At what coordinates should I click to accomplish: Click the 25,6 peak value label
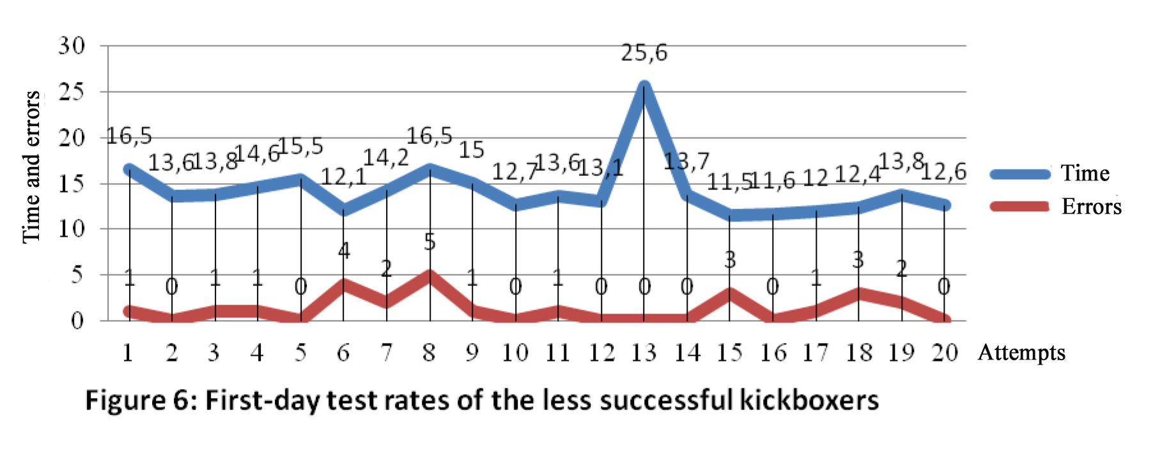(x=644, y=53)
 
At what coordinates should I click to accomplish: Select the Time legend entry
(x=1085, y=173)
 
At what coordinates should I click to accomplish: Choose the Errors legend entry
(x=1091, y=207)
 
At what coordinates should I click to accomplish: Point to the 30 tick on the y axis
(x=71, y=46)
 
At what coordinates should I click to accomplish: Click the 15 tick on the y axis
(x=71, y=184)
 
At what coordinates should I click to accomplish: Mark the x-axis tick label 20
(x=945, y=353)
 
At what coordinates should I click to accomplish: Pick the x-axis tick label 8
(x=429, y=353)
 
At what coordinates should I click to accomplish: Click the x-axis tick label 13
(x=644, y=353)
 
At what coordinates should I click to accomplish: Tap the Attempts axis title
(x=1021, y=353)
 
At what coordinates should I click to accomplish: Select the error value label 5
(x=430, y=242)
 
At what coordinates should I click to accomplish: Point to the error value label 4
(x=344, y=251)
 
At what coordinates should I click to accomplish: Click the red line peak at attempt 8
(x=430, y=276)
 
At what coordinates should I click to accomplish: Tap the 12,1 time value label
(x=344, y=177)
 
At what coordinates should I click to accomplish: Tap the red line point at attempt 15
(x=730, y=294)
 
